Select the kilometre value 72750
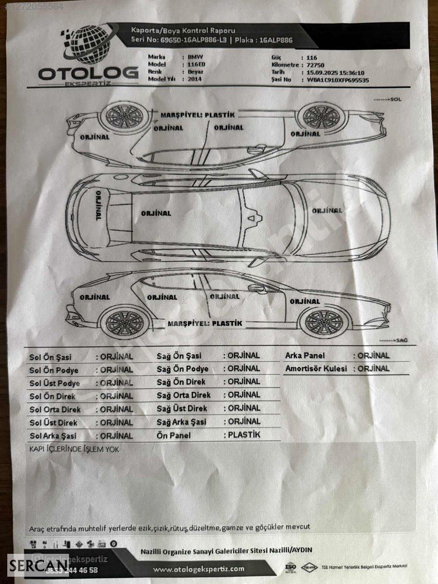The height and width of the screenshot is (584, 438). tap(316, 65)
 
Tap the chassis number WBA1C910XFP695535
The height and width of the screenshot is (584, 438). tap(338, 80)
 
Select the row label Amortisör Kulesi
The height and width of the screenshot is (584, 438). tap(316, 368)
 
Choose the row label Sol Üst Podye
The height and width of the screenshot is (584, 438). tap(55, 383)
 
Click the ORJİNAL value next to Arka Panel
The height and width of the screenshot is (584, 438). tap(373, 356)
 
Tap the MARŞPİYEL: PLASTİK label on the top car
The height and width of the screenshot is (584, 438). tap(198, 115)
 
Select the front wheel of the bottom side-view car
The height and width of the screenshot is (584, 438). tap(321, 322)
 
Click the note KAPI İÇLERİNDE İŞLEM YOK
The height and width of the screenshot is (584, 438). tap(74, 449)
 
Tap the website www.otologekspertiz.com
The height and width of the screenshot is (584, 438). tap(199, 568)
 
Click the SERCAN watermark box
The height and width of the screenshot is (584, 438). tap(32, 566)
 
